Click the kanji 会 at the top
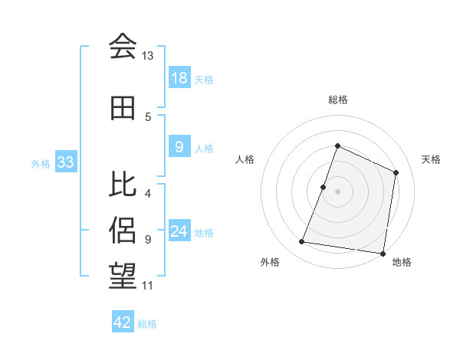tap(123, 46)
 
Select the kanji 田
tap(123, 109)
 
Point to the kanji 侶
tap(123, 229)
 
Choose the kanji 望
tap(123, 275)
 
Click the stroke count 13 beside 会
tap(147, 56)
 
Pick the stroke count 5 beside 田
tap(148, 117)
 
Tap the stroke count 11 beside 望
tap(147, 286)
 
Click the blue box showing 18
tap(179, 78)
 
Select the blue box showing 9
tap(179, 148)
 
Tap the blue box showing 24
tap(179, 231)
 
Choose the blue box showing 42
tap(123, 322)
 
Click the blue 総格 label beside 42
tap(148, 324)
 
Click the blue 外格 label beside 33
tap(41, 163)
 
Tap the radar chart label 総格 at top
tap(337, 100)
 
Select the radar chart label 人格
tap(245, 159)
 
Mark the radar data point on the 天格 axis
tap(396, 172)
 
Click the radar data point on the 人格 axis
tap(324, 187)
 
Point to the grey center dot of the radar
tap(337, 191)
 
